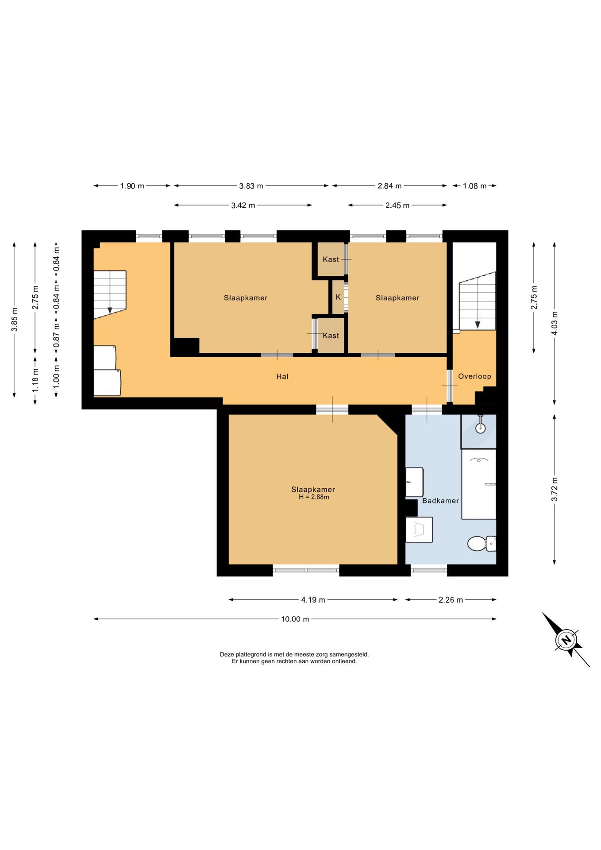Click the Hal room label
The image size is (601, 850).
pyautogui.click(x=282, y=377)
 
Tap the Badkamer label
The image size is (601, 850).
pyautogui.click(x=440, y=501)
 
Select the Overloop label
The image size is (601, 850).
pyautogui.click(x=474, y=376)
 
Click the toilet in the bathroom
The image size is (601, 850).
pyautogui.click(x=482, y=543)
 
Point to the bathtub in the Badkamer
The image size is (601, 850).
pyautogui.click(x=479, y=484)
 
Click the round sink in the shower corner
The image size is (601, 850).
pyautogui.click(x=480, y=428)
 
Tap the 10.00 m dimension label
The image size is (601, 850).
pyautogui.click(x=295, y=619)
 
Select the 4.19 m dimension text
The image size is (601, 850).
pyautogui.click(x=313, y=600)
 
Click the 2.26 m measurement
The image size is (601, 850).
pyautogui.click(x=451, y=600)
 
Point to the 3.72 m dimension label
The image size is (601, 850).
pyautogui.click(x=555, y=489)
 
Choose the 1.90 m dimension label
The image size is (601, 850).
pyautogui.click(x=132, y=186)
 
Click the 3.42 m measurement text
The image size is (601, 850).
pyautogui.click(x=243, y=205)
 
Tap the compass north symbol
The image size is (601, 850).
pyautogui.click(x=566, y=640)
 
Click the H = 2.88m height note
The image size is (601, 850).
pyautogui.click(x=314, y=497)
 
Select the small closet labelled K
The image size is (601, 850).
pyautogui.click(x=338, y=297)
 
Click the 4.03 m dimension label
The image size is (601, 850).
pyautogui.click(x=555, y=323)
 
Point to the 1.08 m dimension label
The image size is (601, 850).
pyautogui.click(x=474, y=186)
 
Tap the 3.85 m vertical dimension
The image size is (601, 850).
pyautogui.click(x=15, y=320)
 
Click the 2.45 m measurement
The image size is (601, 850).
pyautogui.click(x=397, y=205)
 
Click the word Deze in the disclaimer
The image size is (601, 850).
pyautogui.click(x=227, y=654)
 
